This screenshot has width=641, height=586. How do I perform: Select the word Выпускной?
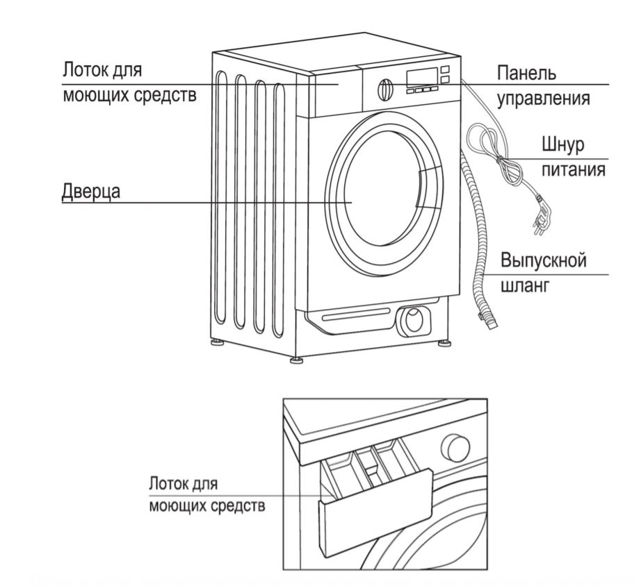coord(544,261)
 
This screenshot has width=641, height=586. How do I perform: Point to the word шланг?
coord(522,285)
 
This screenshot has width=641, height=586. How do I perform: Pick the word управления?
coord(544,98)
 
